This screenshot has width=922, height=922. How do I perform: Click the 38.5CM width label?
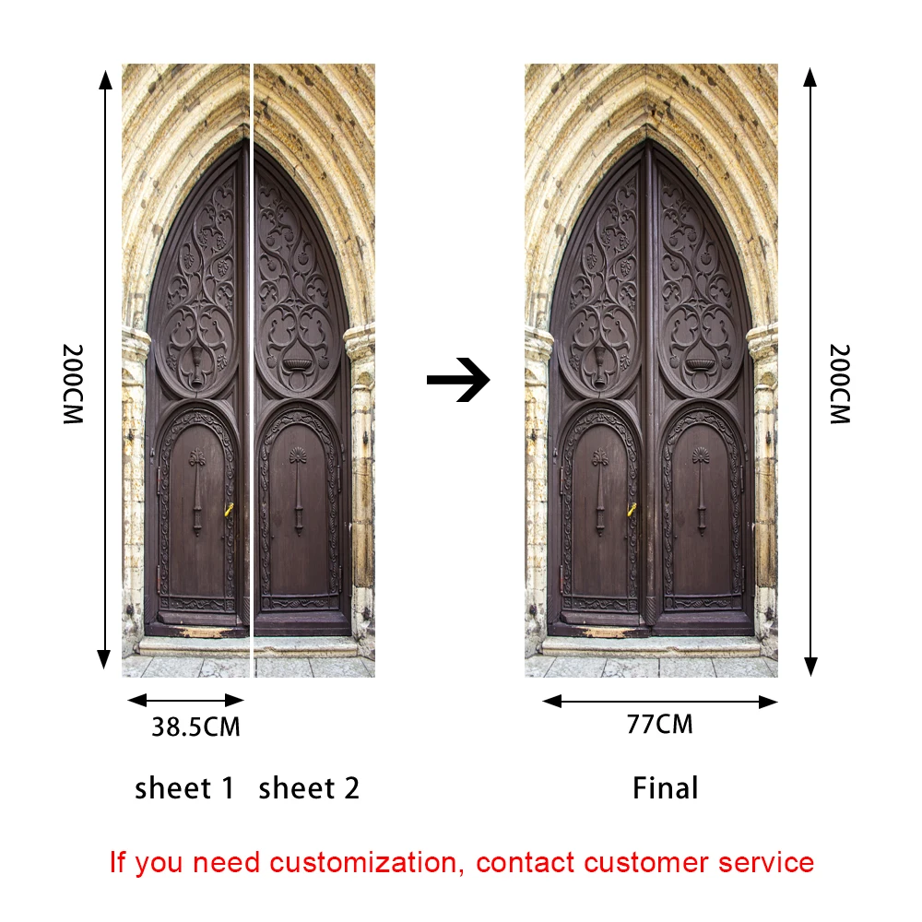coord(195,727)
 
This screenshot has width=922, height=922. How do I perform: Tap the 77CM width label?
coord(659,725)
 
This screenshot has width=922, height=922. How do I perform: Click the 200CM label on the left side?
coord(73,384)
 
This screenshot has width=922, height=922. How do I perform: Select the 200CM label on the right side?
coord(839,384)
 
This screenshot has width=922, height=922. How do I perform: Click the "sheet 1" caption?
coord(185,789)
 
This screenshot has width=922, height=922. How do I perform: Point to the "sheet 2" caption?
coord(309,789)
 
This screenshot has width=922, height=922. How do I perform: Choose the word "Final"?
coord(665,789)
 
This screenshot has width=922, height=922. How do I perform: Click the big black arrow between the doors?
coord(458,380)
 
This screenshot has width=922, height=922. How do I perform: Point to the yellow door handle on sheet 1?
coord(229,509)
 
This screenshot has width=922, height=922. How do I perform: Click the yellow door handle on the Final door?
coord(632,509)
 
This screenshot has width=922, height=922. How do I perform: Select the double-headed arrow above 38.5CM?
coord(185,700)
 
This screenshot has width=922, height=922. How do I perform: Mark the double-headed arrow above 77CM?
coord(660,702)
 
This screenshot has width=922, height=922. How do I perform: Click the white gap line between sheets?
coord(252,369)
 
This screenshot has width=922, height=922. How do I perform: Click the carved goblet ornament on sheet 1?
coord(196,363)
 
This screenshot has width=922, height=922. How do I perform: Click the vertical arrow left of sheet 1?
coord(105,369)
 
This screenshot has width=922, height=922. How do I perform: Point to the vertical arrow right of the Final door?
coord(810,369)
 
